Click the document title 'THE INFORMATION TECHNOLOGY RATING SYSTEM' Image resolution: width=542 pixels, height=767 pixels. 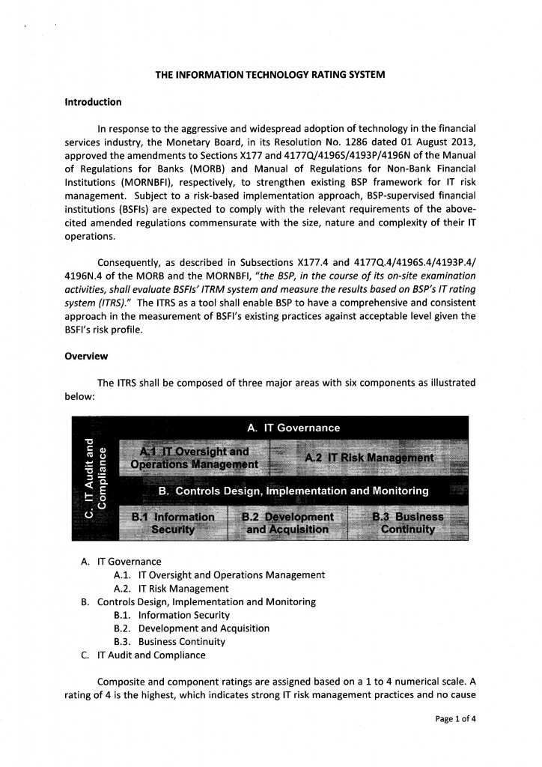tap(270, 76)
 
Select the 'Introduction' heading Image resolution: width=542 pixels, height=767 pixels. tap(93, 102)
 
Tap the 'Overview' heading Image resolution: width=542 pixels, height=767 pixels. tap(87, 356)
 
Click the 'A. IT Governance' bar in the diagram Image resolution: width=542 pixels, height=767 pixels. tap(293, 428)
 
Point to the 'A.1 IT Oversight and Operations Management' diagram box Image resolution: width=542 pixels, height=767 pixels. tap(194, 458)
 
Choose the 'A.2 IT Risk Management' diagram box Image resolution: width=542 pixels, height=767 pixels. tap(368, 458)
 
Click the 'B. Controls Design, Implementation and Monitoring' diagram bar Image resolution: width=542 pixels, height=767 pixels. tap(293, 491)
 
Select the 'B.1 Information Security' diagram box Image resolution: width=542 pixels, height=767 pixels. tap(172, 523)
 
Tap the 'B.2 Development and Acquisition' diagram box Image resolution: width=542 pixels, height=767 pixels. tap(287, 523)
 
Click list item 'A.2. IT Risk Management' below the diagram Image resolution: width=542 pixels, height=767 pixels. tap(171, 589)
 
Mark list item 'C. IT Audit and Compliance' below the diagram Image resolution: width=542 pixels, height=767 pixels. tap(142, 655)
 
